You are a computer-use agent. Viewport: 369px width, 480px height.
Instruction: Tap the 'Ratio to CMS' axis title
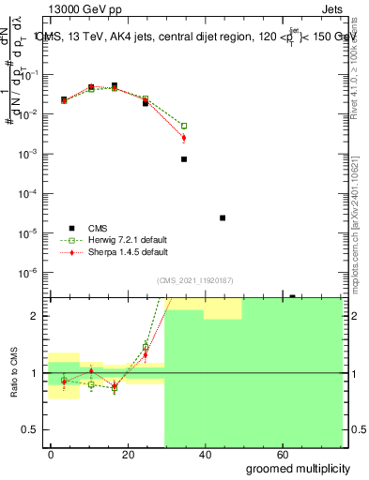point(12,373)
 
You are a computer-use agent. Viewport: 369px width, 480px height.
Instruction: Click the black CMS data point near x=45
point(223,217)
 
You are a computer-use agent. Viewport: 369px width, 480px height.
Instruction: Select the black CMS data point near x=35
point(184,159)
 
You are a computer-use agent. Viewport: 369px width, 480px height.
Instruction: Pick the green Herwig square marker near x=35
point(184,126)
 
